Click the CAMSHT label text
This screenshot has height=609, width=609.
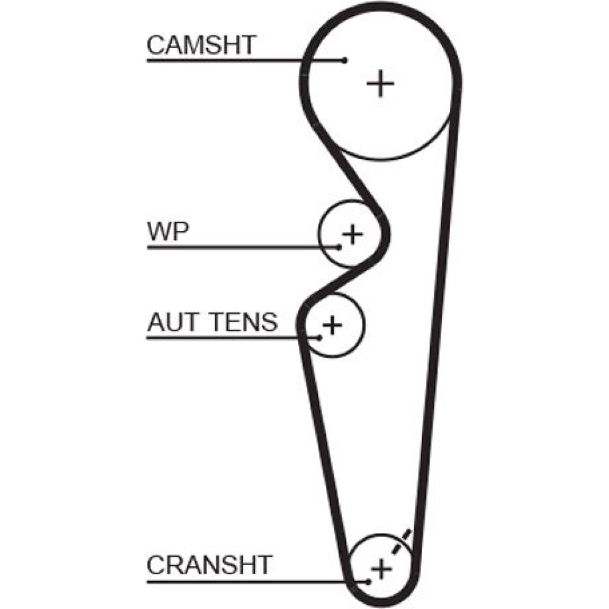pos(202,44)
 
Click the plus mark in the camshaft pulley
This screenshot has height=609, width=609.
pos(381,83)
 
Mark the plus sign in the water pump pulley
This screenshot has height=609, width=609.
pos(352,234)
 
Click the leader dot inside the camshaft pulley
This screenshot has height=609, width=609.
pos(345,60)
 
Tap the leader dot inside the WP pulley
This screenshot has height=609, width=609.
pos(339,247)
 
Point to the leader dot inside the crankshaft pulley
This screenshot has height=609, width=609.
pos(368,581)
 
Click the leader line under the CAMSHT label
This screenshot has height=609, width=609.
pos(244,60)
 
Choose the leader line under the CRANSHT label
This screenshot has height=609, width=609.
pos(256,581)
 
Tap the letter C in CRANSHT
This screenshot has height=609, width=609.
pos(157,565)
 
